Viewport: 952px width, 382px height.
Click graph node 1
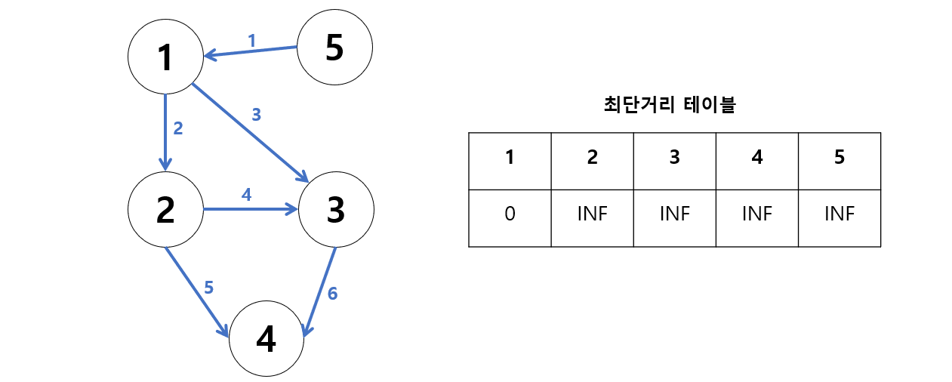pos(165,57)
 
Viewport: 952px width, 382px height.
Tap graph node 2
pos(165,209)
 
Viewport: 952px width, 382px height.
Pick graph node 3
pos(336,209)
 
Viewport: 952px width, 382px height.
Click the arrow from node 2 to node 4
pos(196,291)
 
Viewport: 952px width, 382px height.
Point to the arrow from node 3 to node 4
pos(319,291)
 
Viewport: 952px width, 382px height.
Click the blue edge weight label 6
pos(332,293)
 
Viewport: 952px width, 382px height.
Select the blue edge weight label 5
pos(209,287)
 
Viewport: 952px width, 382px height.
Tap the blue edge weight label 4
pos(245,195)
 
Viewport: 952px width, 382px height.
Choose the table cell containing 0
pos(510,214)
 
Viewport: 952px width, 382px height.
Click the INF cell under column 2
pos(592,214)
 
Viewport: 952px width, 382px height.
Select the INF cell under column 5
pos(839,214)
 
